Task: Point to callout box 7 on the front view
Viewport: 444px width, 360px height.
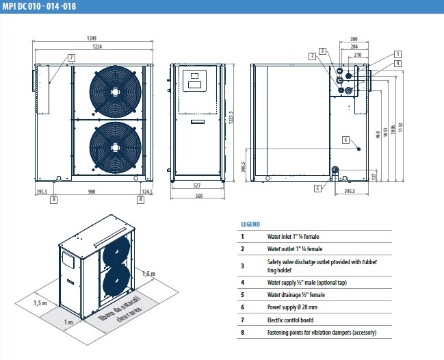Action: (71, 57)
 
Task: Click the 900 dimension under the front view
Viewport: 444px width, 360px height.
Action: (92, 192)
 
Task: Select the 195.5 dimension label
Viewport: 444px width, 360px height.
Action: (42, 192)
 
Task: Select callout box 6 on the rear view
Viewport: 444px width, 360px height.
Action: (346, 140)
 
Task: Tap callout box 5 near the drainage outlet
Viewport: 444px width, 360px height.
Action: (318, 187)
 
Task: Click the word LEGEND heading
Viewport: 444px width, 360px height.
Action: (250, 224)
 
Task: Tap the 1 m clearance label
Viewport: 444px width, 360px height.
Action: (68, 322)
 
